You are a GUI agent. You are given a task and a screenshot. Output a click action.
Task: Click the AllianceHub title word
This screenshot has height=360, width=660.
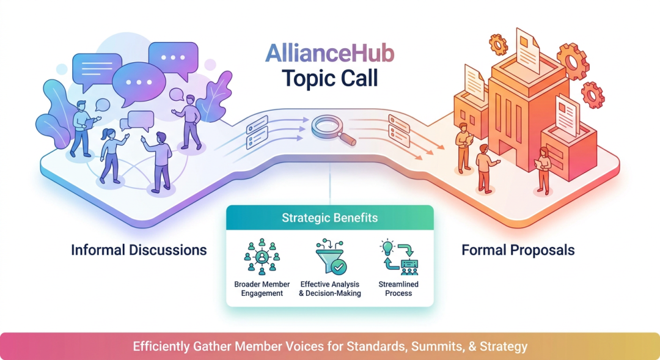coord(329,53)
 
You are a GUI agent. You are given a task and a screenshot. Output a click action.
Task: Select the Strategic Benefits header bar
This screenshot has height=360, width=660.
coord(329,218)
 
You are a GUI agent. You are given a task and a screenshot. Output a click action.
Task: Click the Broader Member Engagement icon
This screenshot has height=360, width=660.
coord(262,257)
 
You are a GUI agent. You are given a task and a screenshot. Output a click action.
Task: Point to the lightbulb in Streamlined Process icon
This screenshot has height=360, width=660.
coord(387,247)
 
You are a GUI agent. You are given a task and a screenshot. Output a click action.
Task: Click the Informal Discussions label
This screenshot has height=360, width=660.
coord(139,250)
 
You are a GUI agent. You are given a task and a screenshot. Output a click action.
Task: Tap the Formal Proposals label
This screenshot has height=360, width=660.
coord(518,250)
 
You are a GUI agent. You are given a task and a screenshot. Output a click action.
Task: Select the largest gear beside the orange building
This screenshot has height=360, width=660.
coord(573,62)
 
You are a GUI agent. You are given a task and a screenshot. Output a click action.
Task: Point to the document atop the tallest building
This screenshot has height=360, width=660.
coord(527,51)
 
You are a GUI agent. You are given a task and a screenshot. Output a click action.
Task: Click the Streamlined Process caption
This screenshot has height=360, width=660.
coord(398,289)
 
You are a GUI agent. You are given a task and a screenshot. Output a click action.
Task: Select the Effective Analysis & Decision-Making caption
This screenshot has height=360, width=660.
coord(330,289)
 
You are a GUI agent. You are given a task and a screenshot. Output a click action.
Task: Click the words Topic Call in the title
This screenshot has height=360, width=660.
coord(329,78)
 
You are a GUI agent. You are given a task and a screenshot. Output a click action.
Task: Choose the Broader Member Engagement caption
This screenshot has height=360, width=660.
coord(262,289)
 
